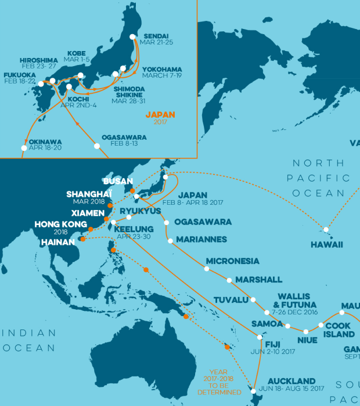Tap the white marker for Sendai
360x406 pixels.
133,37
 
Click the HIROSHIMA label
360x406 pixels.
38,60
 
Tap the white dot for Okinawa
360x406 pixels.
24,148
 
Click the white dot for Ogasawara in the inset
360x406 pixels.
97,146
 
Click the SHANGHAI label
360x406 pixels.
88,194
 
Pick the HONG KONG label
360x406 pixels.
59,224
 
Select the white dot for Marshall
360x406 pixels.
229,280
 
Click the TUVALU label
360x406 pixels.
231,300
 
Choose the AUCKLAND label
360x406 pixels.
292,382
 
